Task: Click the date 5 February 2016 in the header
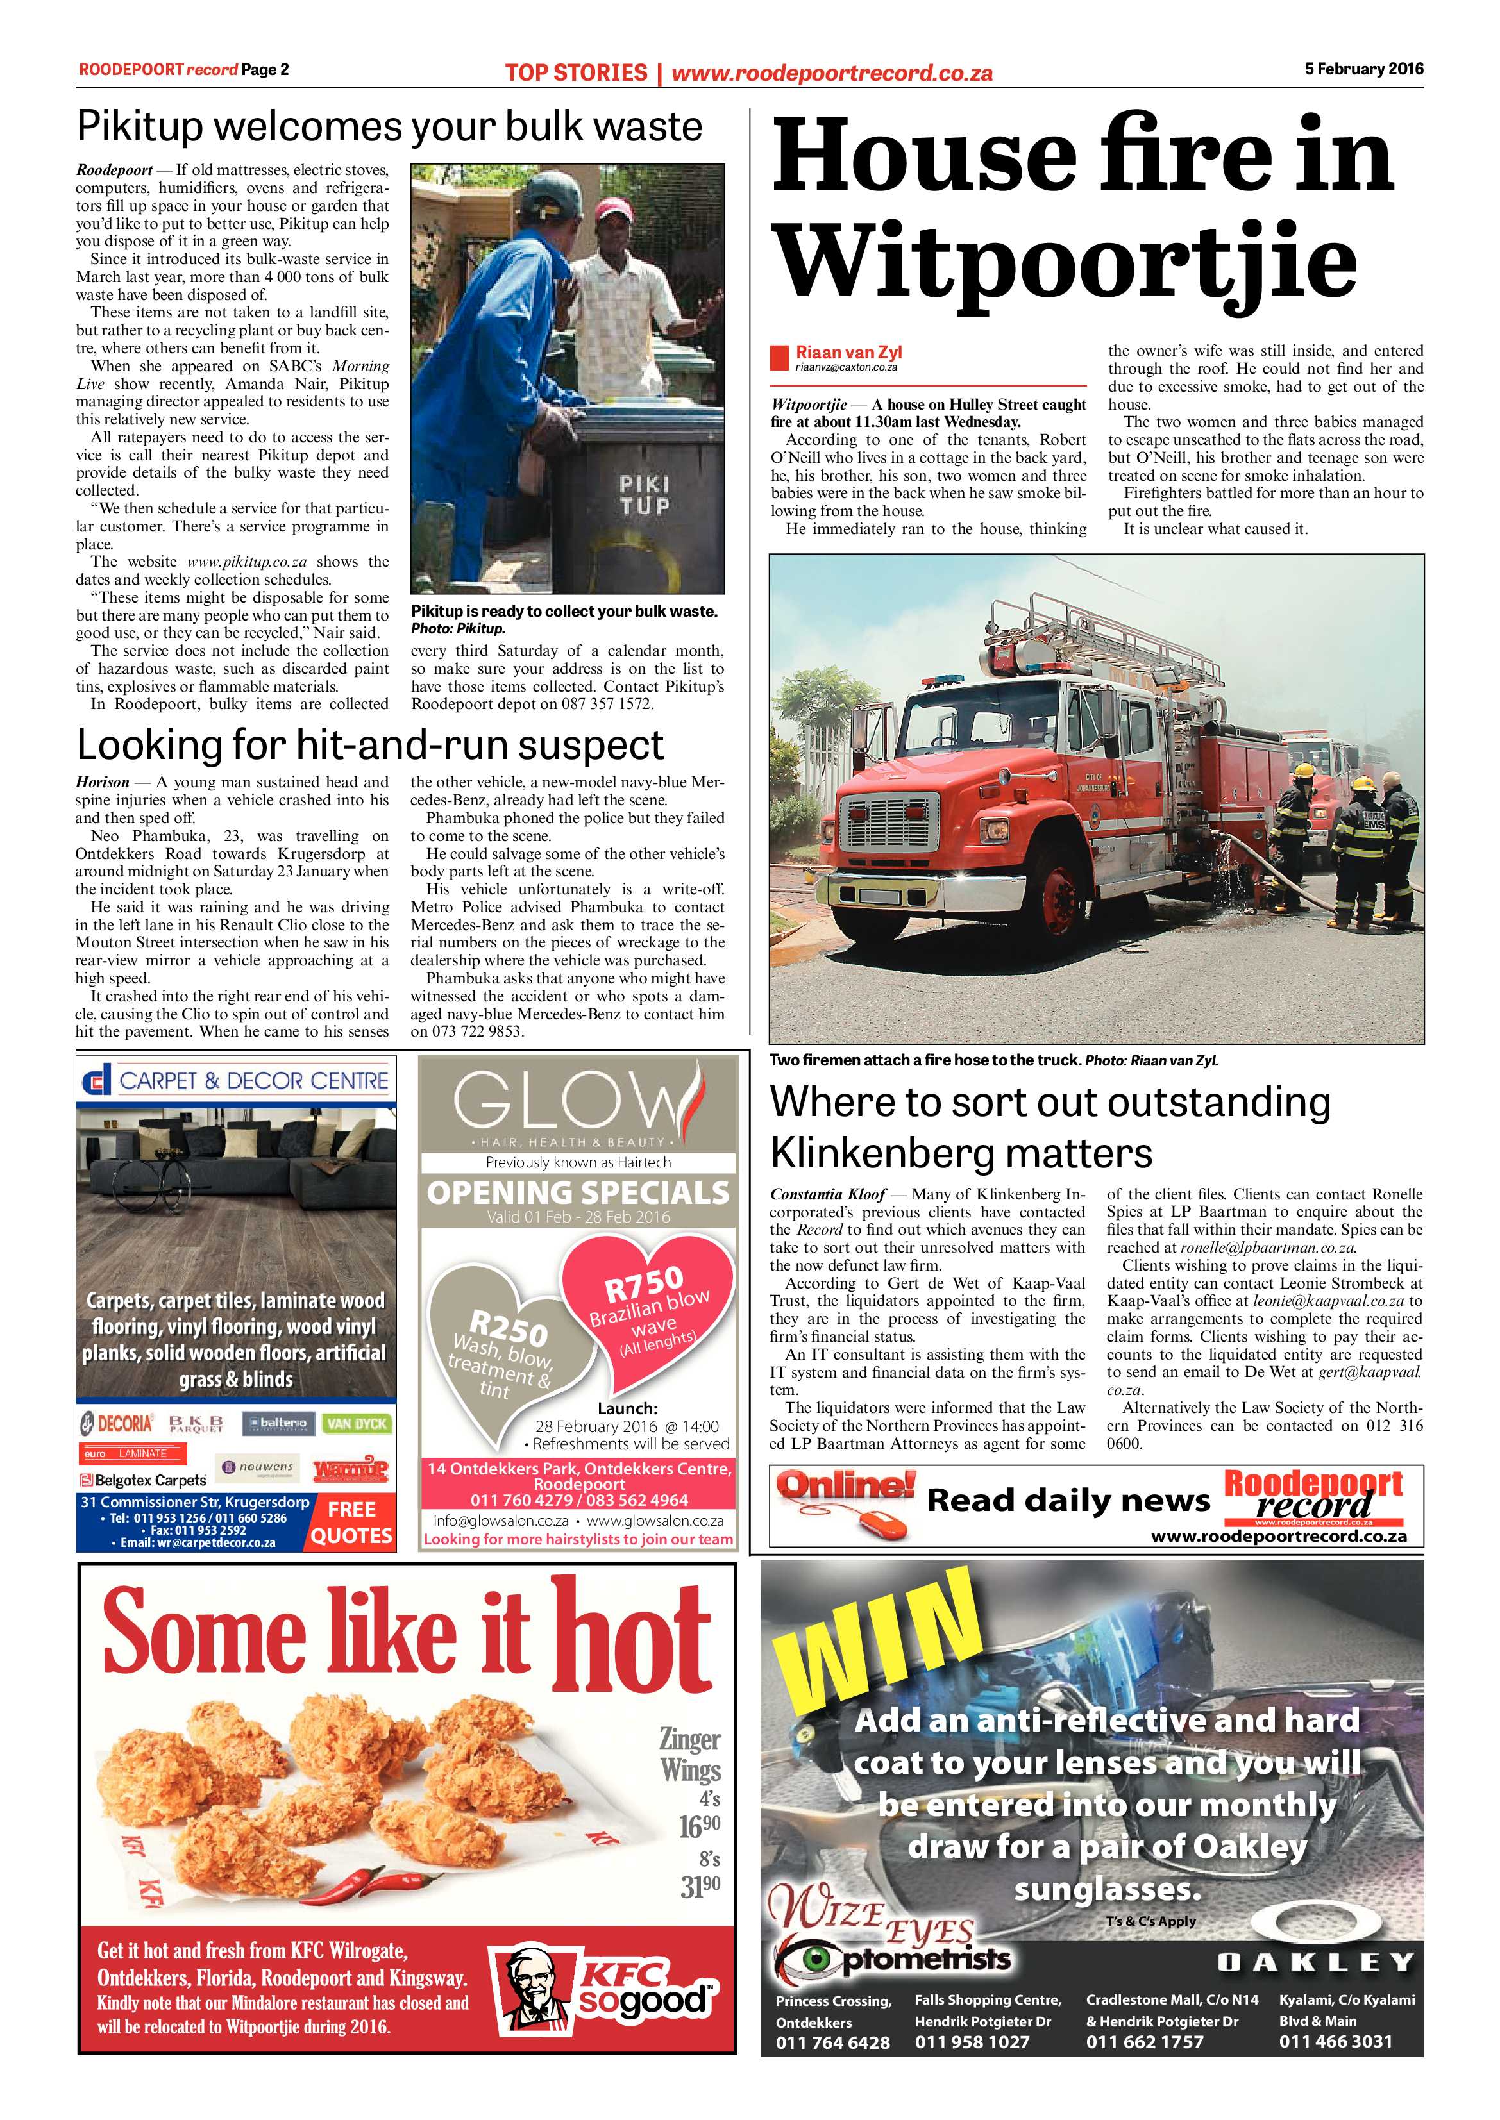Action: click(x=1363, y=69)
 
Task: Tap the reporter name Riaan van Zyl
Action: click(x=848, y=352)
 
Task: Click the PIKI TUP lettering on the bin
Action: click(x=644, y=495)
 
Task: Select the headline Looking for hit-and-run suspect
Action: click(x=369, y=744)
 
